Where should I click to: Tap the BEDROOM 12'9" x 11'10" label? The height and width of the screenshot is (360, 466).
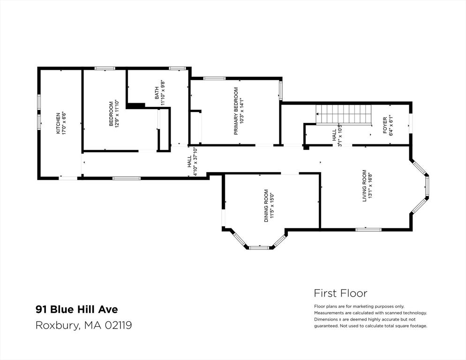click(x=114, y=114)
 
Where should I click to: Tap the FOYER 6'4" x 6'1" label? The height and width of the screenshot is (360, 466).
click(x=388, y=126)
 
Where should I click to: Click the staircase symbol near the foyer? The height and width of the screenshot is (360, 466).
click(x=344, y=114)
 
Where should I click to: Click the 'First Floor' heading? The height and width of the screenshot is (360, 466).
click(x=340, y=293)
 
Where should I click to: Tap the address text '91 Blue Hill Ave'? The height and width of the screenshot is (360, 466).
click(x=77, y=309)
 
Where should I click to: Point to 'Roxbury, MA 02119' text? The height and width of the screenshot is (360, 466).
click(x=83, y=325)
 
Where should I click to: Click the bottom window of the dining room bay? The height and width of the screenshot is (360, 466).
click(x=258, y=247)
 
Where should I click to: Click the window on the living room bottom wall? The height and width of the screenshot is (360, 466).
click(x=368, y=229)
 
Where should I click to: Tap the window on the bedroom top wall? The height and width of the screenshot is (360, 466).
click(x=105, y=68)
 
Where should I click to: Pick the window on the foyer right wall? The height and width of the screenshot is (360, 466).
click(x=410, y=123)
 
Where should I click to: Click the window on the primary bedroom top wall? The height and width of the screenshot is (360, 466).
click(x=214, y=78)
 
